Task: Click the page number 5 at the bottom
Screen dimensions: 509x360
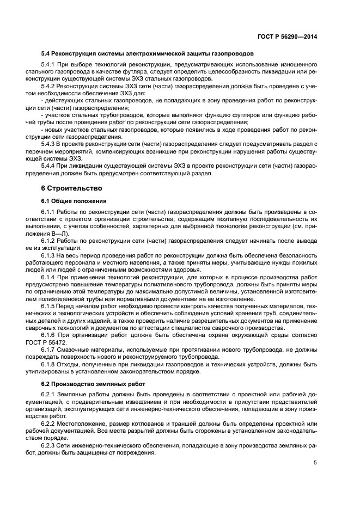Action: (315, 463)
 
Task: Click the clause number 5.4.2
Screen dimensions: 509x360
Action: (48, 86)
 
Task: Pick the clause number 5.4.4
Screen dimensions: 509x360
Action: (48, 166)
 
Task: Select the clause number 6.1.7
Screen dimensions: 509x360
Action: (48, 351)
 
